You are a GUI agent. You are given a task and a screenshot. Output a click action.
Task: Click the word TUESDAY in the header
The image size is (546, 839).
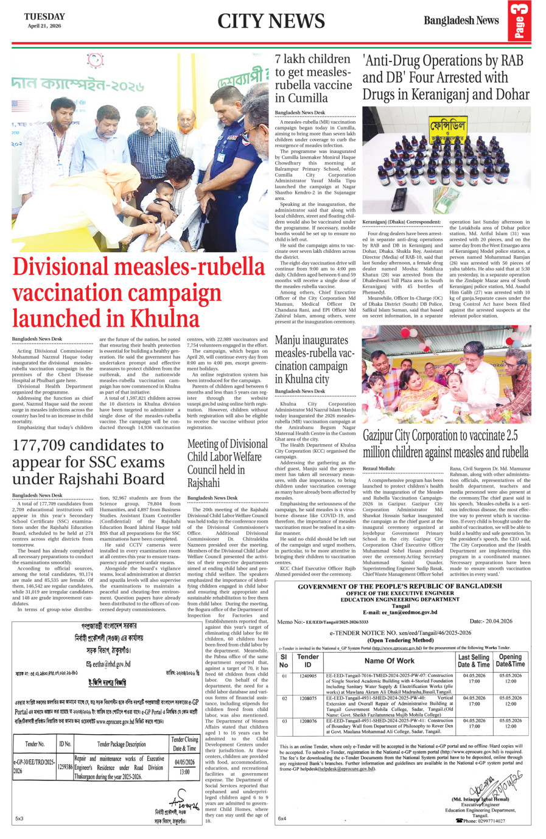click(44, 16)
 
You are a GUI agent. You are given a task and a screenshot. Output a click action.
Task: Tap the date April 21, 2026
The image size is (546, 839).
click(44, 26)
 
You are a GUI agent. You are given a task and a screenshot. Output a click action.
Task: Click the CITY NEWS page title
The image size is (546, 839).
click(271, 21)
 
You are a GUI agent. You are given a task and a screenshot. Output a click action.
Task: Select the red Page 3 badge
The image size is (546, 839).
click(519, 21)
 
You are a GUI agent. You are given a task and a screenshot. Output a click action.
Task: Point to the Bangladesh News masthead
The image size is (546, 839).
click(461, 20)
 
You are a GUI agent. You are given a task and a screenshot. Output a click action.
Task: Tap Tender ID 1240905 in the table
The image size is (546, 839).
click(308, 676)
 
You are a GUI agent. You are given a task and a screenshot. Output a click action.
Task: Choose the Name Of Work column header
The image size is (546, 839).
click(389, 660)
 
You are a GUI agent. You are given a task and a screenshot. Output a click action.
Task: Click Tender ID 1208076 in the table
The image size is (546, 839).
click(308, 721)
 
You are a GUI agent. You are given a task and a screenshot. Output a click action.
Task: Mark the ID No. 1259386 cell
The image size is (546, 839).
click(65, 766)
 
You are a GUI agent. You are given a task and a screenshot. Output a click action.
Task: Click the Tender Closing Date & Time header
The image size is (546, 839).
click(184, 743)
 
